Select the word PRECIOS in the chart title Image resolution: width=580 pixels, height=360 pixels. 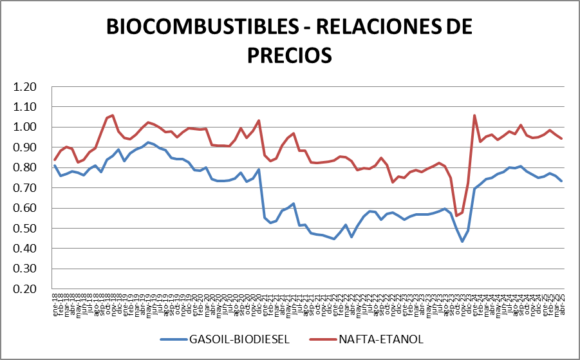click(290, 54)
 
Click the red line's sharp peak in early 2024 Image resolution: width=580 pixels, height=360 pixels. click(474, 116)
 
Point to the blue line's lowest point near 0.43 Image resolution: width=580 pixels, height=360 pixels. click(462, 242)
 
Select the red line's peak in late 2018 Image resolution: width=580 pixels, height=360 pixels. click(113, 115)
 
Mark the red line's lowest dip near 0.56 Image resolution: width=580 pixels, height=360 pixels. click(456, 216)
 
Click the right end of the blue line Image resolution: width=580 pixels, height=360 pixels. click(561, 181)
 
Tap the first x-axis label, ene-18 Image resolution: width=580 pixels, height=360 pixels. click(55, 301)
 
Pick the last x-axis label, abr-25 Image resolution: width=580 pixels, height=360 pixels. click(561, 301)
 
